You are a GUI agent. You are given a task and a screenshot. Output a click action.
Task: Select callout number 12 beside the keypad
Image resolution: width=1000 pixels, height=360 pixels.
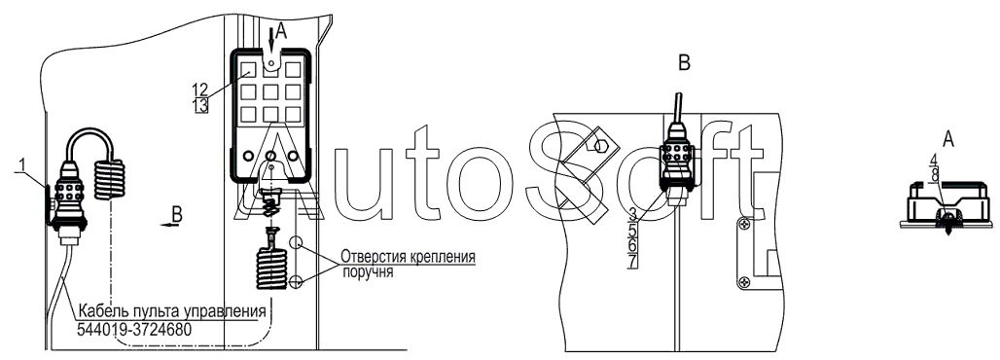click(x=200, y=90)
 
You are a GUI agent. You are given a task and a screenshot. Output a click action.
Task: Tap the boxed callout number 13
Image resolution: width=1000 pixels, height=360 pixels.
click(x=200, y=106)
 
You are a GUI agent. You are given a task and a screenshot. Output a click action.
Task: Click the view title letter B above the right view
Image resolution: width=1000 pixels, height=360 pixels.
click(x=684, y=63)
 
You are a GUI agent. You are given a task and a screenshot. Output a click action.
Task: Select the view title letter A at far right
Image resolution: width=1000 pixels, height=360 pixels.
click(x=948, y=138)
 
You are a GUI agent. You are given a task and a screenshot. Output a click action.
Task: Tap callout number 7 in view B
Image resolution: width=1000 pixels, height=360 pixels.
click(x=632, y=261)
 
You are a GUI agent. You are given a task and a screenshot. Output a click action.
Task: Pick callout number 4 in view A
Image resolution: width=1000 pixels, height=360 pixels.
click(x=933, y=159)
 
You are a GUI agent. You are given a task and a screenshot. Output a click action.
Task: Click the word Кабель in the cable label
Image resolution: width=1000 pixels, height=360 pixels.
click(x=97, y=312)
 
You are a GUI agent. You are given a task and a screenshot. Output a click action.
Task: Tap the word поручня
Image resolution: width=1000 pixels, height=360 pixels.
click(x=368, y=272)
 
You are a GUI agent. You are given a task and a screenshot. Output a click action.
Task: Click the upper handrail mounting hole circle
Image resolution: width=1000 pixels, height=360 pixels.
click(x=295, y=242)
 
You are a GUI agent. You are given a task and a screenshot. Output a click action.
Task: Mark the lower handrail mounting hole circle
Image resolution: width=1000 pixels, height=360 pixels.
click(x=295, y=281)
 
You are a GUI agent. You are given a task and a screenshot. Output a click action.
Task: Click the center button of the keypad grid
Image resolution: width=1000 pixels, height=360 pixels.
click(x=270, y=91)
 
